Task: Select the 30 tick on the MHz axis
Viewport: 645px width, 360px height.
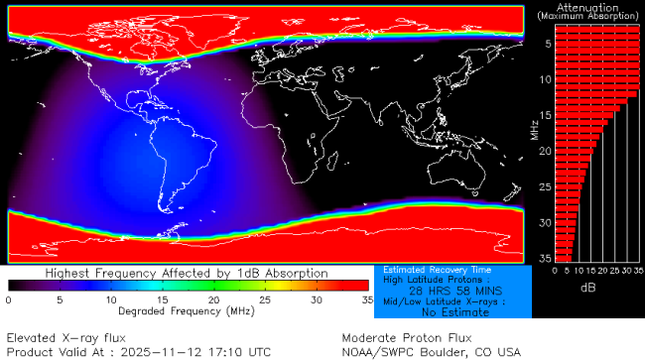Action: pyautogui.click(x=544, y=222)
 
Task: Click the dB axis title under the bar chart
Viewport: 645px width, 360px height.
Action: pyautogui.click(x=589, y=287)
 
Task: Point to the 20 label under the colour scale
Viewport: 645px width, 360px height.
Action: pyautogui.click(x=213, y=299)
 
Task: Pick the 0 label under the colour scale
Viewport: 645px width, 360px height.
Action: pyautogui.click(x=9, y=299)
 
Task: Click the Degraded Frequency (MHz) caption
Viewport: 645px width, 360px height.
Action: pyautogui.click(x=189, y=310)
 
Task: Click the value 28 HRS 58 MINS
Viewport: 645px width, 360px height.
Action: pyautogui.click(x=455, y=291)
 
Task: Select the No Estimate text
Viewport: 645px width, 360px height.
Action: pyautogui.click(x=455, y=311)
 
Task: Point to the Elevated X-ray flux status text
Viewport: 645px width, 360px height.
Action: pyautogui.click(x=64, y=336)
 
